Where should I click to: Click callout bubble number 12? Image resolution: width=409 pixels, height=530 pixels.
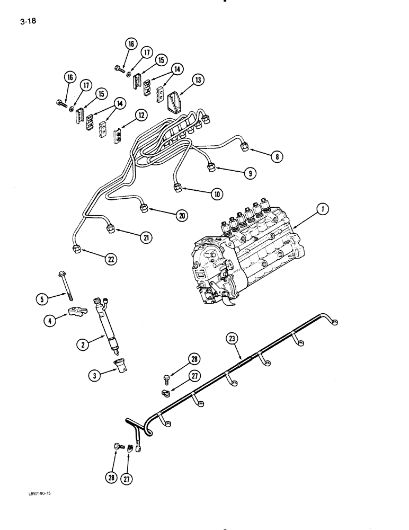140,115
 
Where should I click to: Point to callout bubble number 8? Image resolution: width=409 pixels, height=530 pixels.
276,157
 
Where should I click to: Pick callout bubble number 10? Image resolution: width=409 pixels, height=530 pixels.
217,194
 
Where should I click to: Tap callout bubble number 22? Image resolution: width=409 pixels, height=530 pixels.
110,260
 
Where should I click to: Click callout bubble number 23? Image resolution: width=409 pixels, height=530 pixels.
231,338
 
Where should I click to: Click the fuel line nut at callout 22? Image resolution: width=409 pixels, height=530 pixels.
77,249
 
